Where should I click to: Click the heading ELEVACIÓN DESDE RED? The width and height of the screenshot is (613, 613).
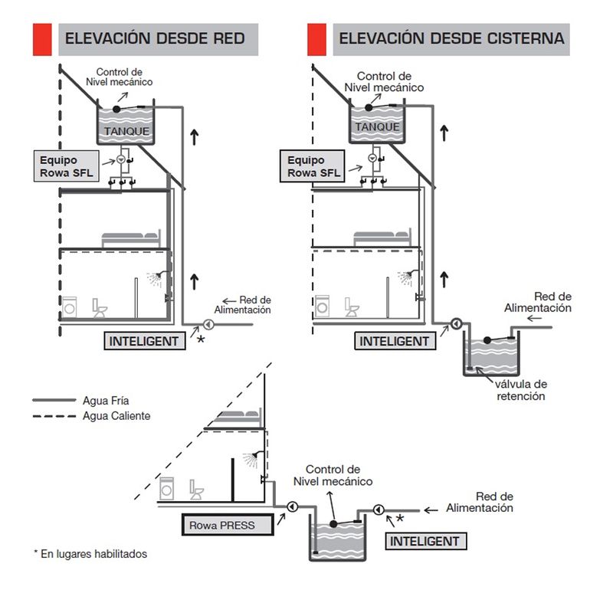coord(155,38)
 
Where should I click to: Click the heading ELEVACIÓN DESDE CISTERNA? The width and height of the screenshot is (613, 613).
coord(451,38)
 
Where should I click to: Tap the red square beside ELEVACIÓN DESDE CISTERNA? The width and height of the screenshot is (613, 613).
coord(316,39)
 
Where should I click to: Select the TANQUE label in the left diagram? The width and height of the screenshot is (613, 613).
coord(126,132)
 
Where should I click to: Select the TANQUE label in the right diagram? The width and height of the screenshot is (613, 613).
coord(378,127)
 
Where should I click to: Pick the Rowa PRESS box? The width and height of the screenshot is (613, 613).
coord(228,526)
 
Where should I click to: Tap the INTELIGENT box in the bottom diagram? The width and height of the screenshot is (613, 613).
coord(425,541)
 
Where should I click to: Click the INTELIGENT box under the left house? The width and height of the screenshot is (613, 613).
coord(144,341)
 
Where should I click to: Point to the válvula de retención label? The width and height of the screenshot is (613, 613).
coord(521,390)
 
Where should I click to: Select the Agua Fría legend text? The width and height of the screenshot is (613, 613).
coord(107,400)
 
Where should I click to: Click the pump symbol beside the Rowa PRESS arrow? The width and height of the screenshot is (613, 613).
coord(292,506)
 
